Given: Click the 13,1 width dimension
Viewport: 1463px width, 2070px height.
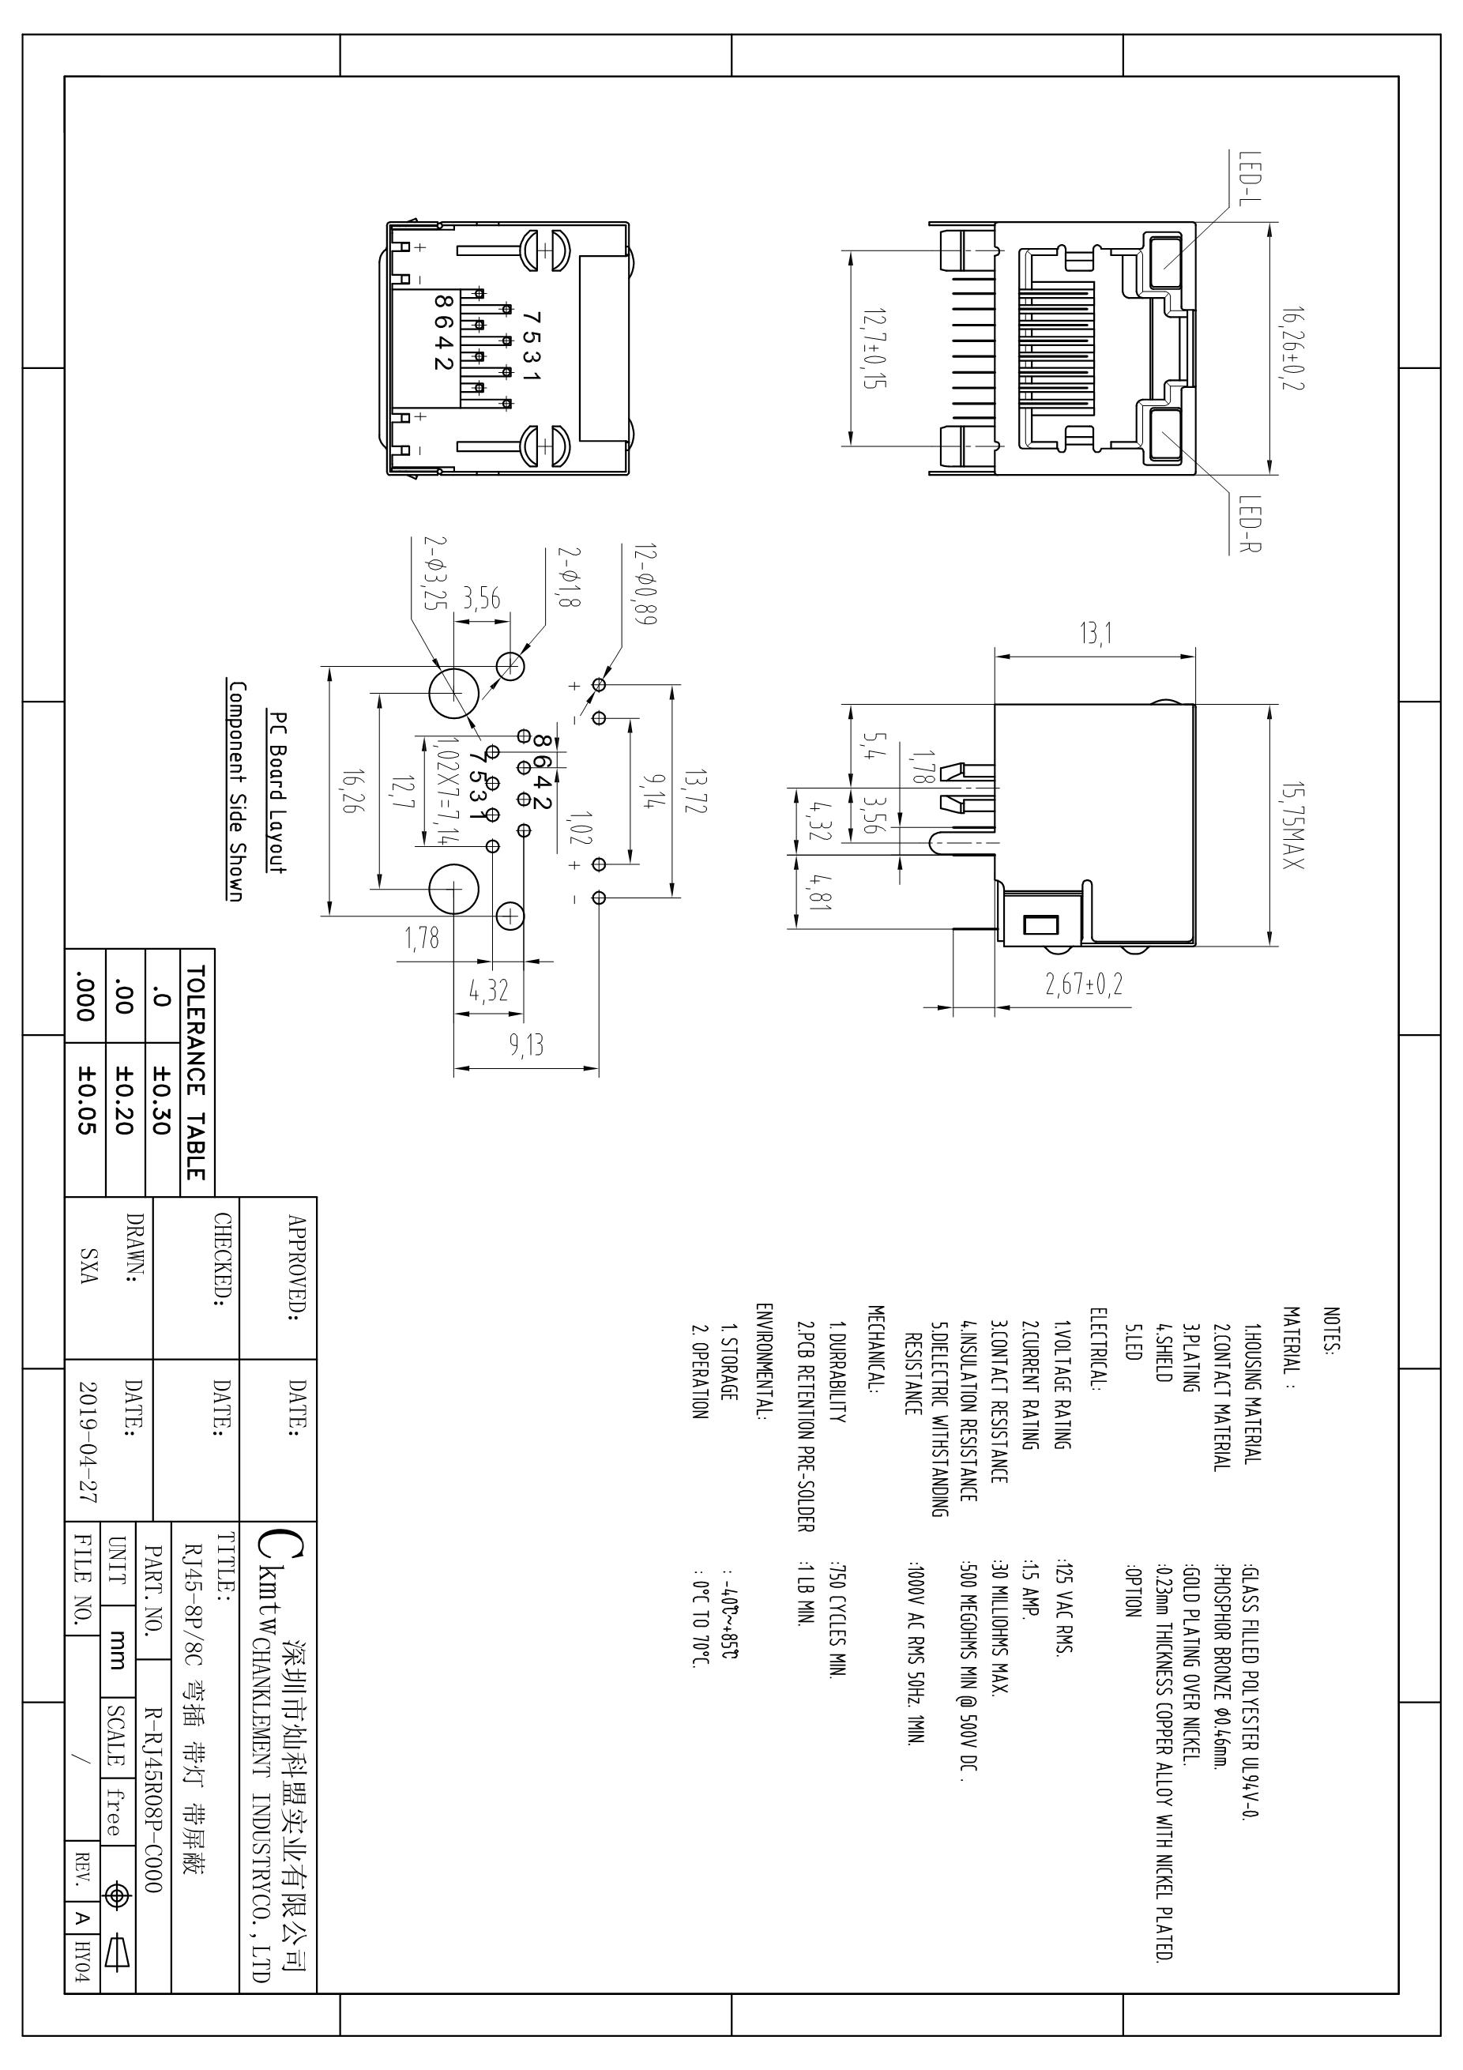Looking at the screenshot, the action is (1095, 634).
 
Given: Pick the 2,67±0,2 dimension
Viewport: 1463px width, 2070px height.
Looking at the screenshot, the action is (1084, 984).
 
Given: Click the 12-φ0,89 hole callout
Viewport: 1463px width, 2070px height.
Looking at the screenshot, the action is (645, 583).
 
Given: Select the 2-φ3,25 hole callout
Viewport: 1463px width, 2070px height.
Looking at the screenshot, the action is (435, 573).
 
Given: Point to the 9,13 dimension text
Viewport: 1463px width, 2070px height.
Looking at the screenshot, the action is (526, 1045).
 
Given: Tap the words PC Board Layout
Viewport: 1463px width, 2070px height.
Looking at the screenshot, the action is (279, 792).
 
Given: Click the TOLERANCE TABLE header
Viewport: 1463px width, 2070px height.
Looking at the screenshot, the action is (196, 1073).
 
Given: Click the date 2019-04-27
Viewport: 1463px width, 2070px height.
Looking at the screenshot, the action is (88, 1443).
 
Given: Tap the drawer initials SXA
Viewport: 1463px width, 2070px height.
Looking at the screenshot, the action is (88, 1266).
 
